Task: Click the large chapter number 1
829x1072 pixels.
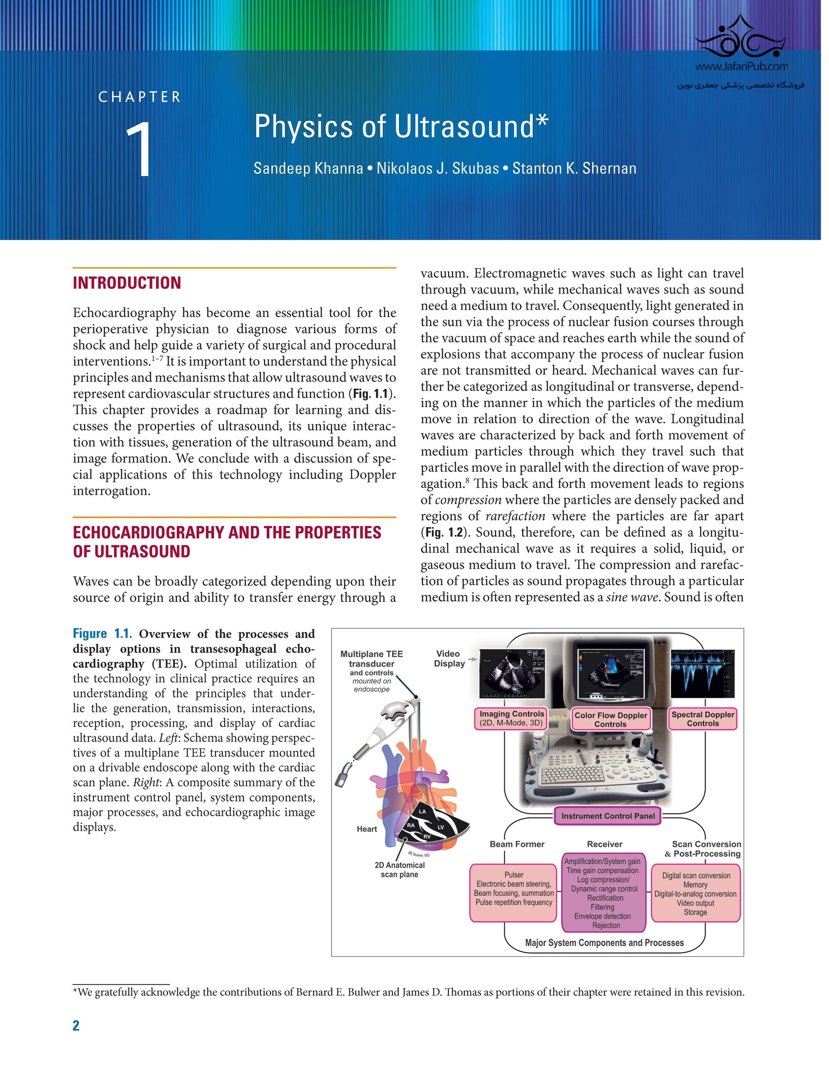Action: (x=140, y=150)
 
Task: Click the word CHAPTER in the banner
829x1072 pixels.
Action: (x=140, y=97)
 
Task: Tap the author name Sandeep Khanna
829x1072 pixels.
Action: (x=308, y=168)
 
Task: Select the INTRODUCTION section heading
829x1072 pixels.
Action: (x=127, y=283)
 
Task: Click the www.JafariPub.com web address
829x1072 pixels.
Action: (x=741, y=67)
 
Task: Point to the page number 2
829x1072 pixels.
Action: (x=76, y=1026)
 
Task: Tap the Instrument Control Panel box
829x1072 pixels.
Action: (x=607, y=816)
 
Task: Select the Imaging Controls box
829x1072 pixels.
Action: (x=511, y=718)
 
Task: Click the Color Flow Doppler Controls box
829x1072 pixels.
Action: (x=611, y=719)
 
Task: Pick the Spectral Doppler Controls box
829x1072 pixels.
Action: (x=703, y=719)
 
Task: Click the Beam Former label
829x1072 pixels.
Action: (x=517, y=844)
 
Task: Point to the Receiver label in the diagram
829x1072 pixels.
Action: (x=604, y=844)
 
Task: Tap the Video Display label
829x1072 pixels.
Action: (x=449, y=658)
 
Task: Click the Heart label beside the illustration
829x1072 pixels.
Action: (x=367, y=829)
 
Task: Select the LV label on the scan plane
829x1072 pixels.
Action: (x=441, y=827)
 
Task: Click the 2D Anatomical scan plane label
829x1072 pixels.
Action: (x=399, y=869)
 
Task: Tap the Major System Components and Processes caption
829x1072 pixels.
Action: (x=604, y=943)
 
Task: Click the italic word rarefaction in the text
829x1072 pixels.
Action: (x=515, y=516)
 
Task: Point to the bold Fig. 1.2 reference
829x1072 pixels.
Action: (x=444, y=532)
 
